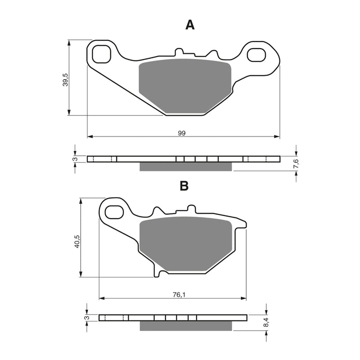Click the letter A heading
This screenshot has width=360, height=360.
(190, 25)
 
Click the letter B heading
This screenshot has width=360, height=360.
(184, 186)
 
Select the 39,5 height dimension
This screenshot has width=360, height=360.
(65, 79)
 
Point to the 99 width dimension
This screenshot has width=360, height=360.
(182, 133)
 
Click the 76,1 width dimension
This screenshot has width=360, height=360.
(177, 295)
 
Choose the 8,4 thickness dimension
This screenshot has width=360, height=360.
(266, 323)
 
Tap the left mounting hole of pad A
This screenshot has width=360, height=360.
(101, 54)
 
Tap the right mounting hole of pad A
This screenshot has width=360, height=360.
(257, 54)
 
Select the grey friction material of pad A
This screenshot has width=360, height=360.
(185, 86)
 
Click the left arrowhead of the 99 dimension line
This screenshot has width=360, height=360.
(89, 136)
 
